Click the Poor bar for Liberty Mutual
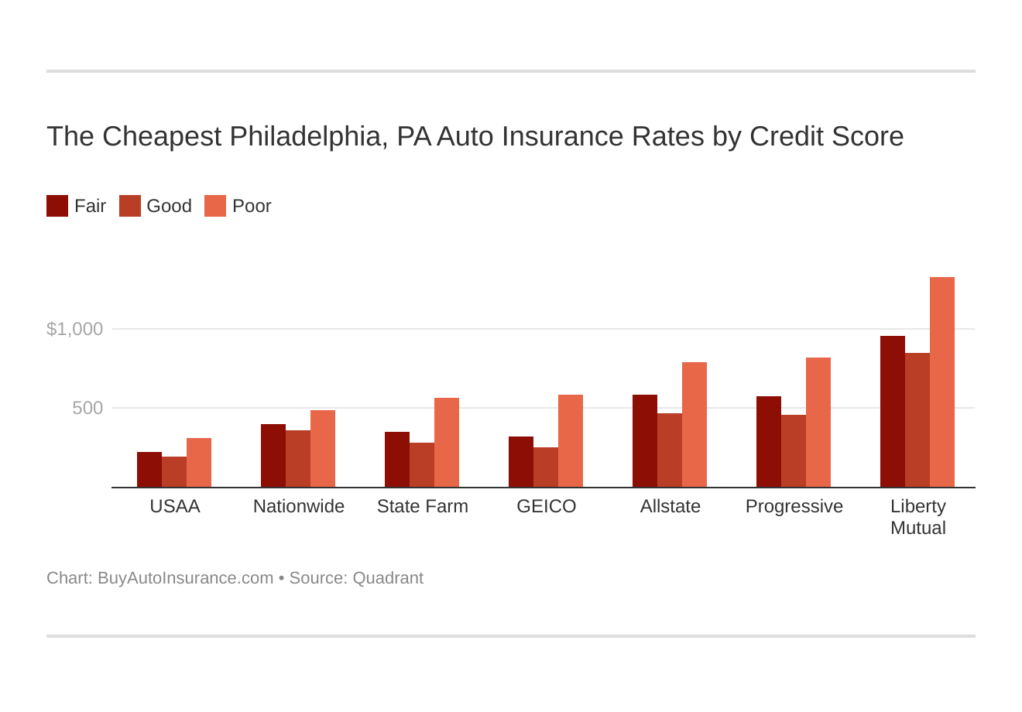941,382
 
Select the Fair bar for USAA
149,470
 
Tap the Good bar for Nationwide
298,459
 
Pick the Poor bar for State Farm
447,443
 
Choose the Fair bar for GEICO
521,462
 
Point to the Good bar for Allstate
670,450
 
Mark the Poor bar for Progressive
818,423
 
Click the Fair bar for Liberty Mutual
893,412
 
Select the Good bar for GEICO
546,467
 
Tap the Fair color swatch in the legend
57,206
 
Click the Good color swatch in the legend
130,206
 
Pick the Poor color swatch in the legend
215,206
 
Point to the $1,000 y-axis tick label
75,329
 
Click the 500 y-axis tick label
87,408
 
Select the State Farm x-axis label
423,506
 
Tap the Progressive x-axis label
794,506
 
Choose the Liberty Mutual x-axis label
918,517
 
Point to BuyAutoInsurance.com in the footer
185,578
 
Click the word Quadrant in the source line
388,578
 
